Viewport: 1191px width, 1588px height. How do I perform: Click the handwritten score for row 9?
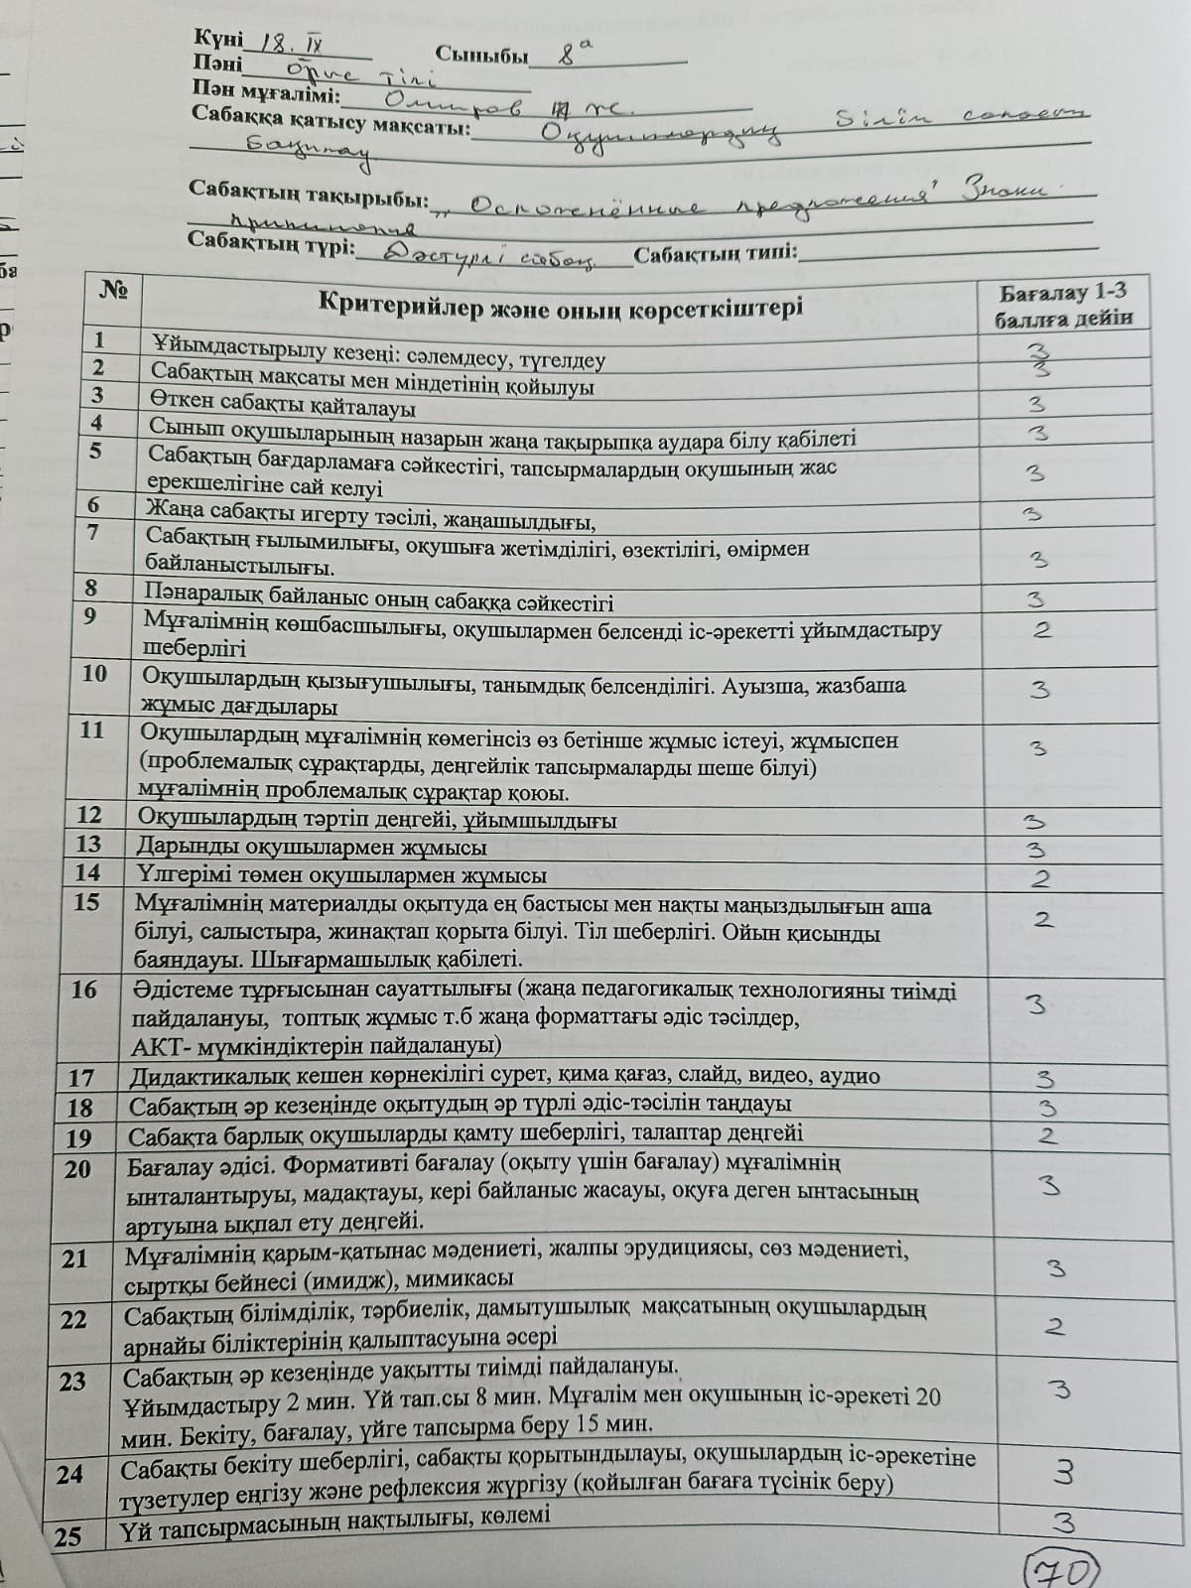pyautogui.click(x=1041, y=629)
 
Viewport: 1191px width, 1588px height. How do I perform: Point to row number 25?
pyautogui.click(x=68, y=1536)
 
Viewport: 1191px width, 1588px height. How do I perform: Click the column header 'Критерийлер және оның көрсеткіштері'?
pyautogui.click(x=561, y=305)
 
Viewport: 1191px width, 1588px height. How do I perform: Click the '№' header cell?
pyautogui.click(x=113, y=290)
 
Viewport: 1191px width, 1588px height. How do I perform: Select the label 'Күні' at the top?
pyautogui.click(x=217, y=38)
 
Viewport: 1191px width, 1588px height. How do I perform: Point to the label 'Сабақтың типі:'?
pyautogui.click(x=715, y=253)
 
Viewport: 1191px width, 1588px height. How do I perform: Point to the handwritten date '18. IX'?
pyautogui.click(x=287, y=42)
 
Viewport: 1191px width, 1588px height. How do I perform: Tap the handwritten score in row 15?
pyautogui.click(x=1043, y=919)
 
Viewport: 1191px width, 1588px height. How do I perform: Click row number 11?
pyautogui.click(x=91, y=729)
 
